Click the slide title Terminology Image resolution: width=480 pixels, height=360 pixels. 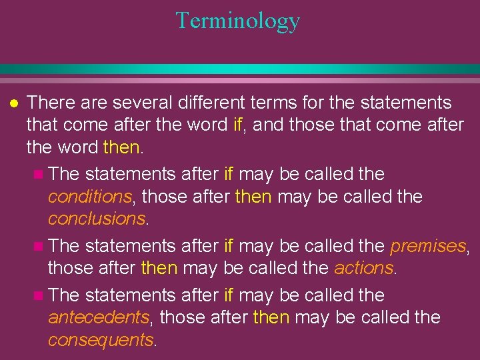pyautogui.click(x=238, y=21)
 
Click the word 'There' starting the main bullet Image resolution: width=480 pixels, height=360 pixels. pyautogui.click(x=51, y=103)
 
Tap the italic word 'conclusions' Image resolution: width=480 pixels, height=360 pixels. pyautogui.click(x=96, y=219)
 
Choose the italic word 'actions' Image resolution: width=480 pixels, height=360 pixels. pyautogui.click(x=364, y=267)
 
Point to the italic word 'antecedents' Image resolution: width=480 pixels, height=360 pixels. pyautogui.click(x=97, y=317)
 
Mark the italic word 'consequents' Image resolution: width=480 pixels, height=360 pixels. pyautogui.click(x=101, y=339)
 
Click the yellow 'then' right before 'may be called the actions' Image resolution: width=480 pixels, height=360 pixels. pyautogui.click(x=159, y=267)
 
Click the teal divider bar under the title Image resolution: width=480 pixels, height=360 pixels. pyautogui.click(x=240, y=69)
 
